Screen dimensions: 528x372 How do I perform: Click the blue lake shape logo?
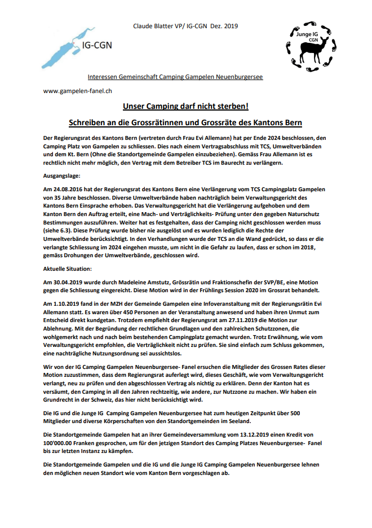click(61, 45)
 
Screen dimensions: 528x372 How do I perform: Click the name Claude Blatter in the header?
click(153, 27)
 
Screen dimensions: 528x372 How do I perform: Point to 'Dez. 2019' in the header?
click(224, 27)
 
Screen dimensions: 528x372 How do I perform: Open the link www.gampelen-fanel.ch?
click(77, 91)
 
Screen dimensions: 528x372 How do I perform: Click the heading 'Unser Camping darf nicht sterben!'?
click(185, 106)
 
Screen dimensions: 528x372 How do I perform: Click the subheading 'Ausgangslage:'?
click(63, 174)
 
